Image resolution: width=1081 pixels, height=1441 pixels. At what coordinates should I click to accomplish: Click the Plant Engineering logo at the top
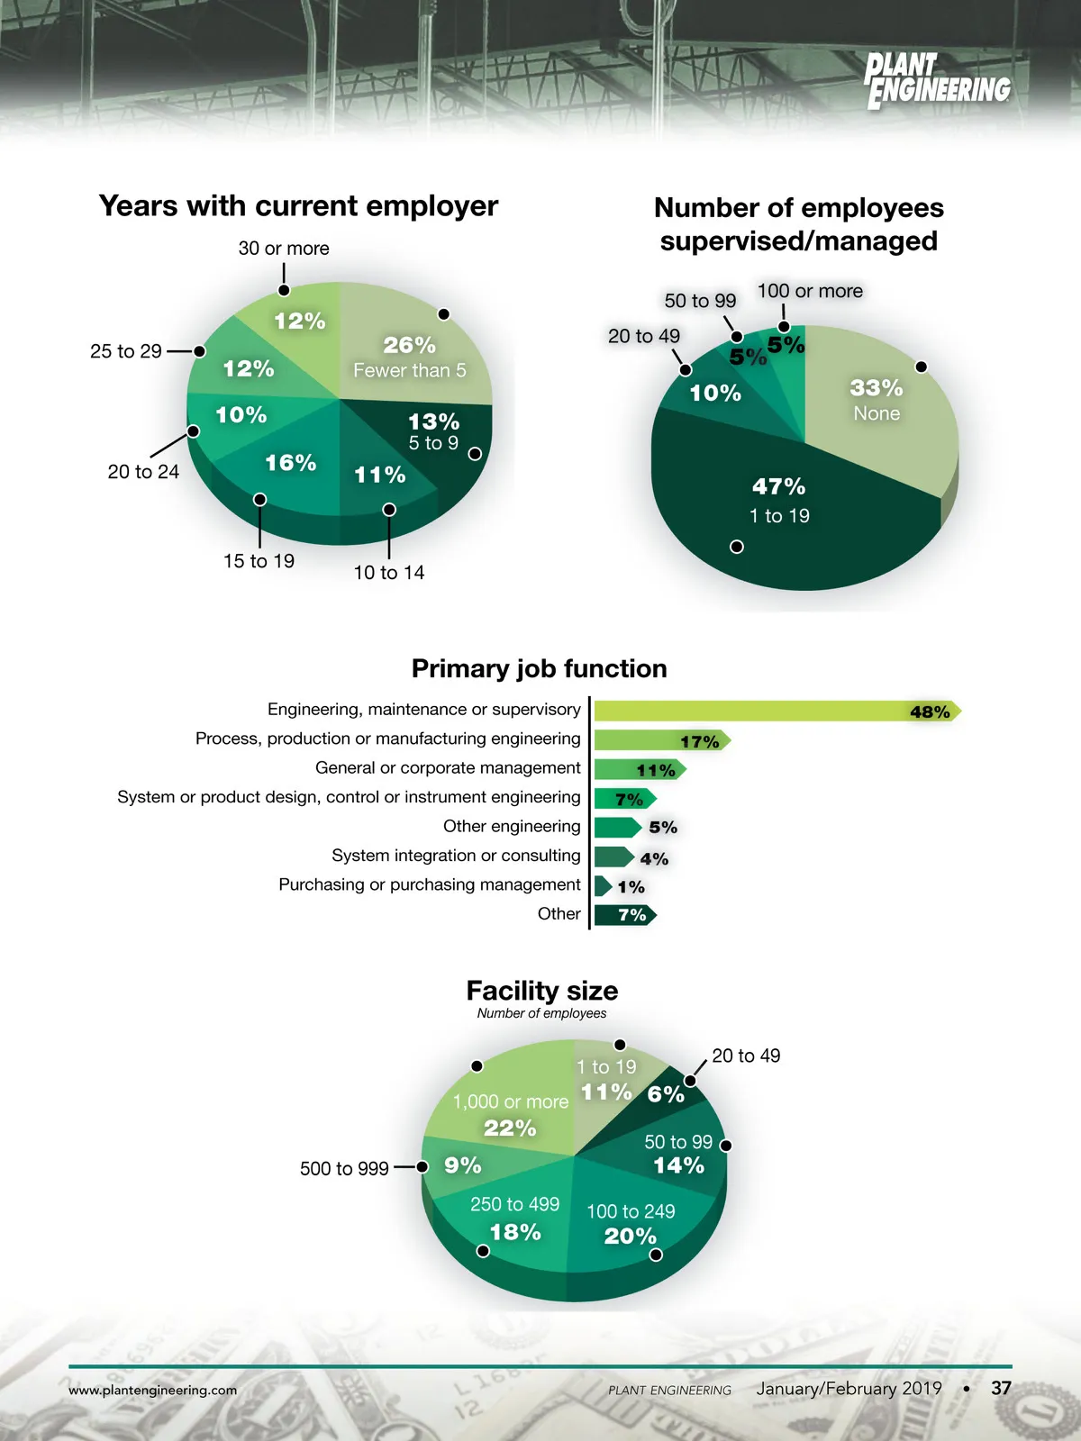937,81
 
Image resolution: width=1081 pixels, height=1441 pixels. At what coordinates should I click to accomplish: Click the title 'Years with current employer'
298,206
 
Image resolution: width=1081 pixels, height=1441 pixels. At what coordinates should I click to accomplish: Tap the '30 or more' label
284,249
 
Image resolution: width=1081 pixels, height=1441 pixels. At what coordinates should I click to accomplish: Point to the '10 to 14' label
389,573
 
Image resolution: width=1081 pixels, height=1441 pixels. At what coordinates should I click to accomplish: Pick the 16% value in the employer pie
290,463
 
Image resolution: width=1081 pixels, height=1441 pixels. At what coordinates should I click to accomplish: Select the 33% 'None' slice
876,400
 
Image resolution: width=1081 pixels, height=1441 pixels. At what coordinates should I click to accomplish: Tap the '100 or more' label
810,291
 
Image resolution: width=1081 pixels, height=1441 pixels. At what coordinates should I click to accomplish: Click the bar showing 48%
775,711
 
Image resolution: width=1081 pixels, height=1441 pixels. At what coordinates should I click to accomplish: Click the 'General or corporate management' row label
448,768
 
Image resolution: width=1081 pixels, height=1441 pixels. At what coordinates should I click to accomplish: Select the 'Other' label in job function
559,914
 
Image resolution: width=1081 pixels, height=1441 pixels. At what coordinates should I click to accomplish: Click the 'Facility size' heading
542,992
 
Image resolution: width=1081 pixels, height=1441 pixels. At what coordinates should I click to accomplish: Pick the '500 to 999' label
344,1169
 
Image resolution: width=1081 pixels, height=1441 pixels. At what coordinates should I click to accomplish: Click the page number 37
1001,1389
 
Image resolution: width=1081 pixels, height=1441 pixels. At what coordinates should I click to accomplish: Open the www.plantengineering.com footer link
153,1391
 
